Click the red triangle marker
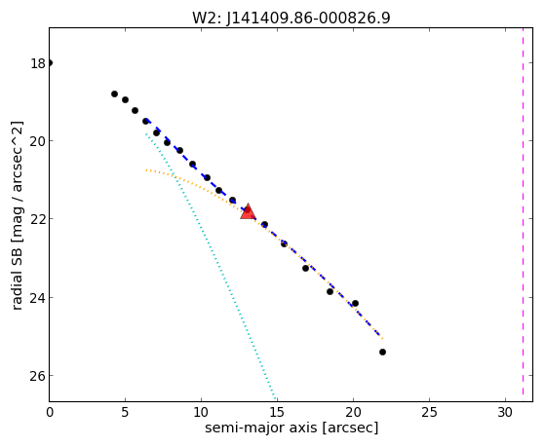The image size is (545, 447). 248,211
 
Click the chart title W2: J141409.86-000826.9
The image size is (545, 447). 292,18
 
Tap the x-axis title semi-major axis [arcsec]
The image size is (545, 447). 292,428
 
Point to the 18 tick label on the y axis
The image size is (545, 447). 38,63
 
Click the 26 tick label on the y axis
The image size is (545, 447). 38,376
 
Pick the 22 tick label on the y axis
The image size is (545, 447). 38,219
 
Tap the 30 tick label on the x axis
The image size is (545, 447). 505,412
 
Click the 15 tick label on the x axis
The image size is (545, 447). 277,412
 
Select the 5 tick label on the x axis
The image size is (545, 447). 125,412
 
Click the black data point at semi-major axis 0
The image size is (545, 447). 50,63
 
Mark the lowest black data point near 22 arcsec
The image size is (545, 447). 382,353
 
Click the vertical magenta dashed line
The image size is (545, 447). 523,214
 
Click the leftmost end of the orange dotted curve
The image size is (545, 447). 146,169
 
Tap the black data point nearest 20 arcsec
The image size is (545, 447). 355,304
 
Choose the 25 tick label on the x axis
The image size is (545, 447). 429,412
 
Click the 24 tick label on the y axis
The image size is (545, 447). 38,298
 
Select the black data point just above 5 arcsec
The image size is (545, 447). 125,100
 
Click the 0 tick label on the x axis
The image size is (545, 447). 50,412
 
